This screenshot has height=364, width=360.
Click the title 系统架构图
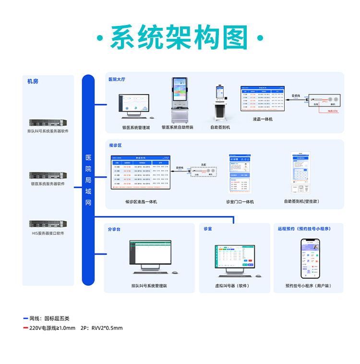click(x=180, y=38)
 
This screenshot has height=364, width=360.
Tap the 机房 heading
click(x=33, y=81)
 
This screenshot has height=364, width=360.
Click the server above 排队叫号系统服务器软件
click(x=48, y=122)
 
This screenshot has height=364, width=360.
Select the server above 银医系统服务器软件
click(x=48, y=175)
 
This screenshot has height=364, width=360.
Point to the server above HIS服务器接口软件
click(x=48, y=224)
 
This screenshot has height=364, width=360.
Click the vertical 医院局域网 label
click(x=88, y=180)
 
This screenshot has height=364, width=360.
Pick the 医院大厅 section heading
click(x=117, y=79)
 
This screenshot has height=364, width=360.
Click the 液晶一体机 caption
click(x=263, y=119)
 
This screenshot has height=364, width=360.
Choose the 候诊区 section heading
click(x=116, y=145)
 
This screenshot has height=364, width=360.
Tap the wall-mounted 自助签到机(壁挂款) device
click(x=301, y=173)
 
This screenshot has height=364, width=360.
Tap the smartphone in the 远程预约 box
click(x=310, y=258)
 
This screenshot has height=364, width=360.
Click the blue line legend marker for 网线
click(x=25, y=318)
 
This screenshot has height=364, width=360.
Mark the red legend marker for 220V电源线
click(x=25, y=328)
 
